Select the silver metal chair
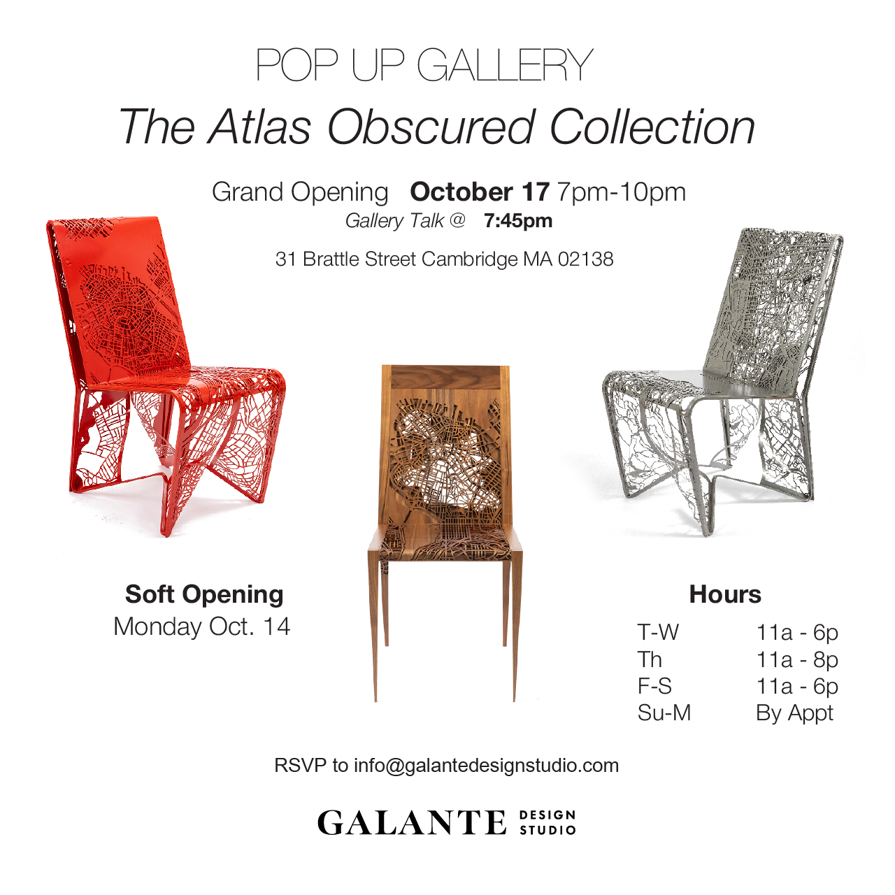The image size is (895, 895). click(x=724, y=371)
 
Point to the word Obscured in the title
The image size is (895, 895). click(x=431, y=127)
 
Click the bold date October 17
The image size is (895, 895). click(x=480, y=192)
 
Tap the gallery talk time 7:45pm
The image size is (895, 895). click(x=518, y=221)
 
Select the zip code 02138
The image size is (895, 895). click(x=586, y=259)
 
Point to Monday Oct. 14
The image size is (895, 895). click(x=202, y=626)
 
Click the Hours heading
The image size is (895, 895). click(x=725, y=594)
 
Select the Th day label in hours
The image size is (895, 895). click(x=650, y=659)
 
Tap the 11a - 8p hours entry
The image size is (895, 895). click(x=797, y=660)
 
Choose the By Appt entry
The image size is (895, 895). click(x=795, y=713)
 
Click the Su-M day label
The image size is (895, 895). click(x=664, y=713)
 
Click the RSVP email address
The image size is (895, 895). click(x=486, y=766)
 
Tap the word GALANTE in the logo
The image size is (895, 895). click(x=412, y=822)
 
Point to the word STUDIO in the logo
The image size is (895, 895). click(x=547, y=830)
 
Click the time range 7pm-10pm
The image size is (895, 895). click(x=622, y=192)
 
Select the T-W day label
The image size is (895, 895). click(x=658, y=632)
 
